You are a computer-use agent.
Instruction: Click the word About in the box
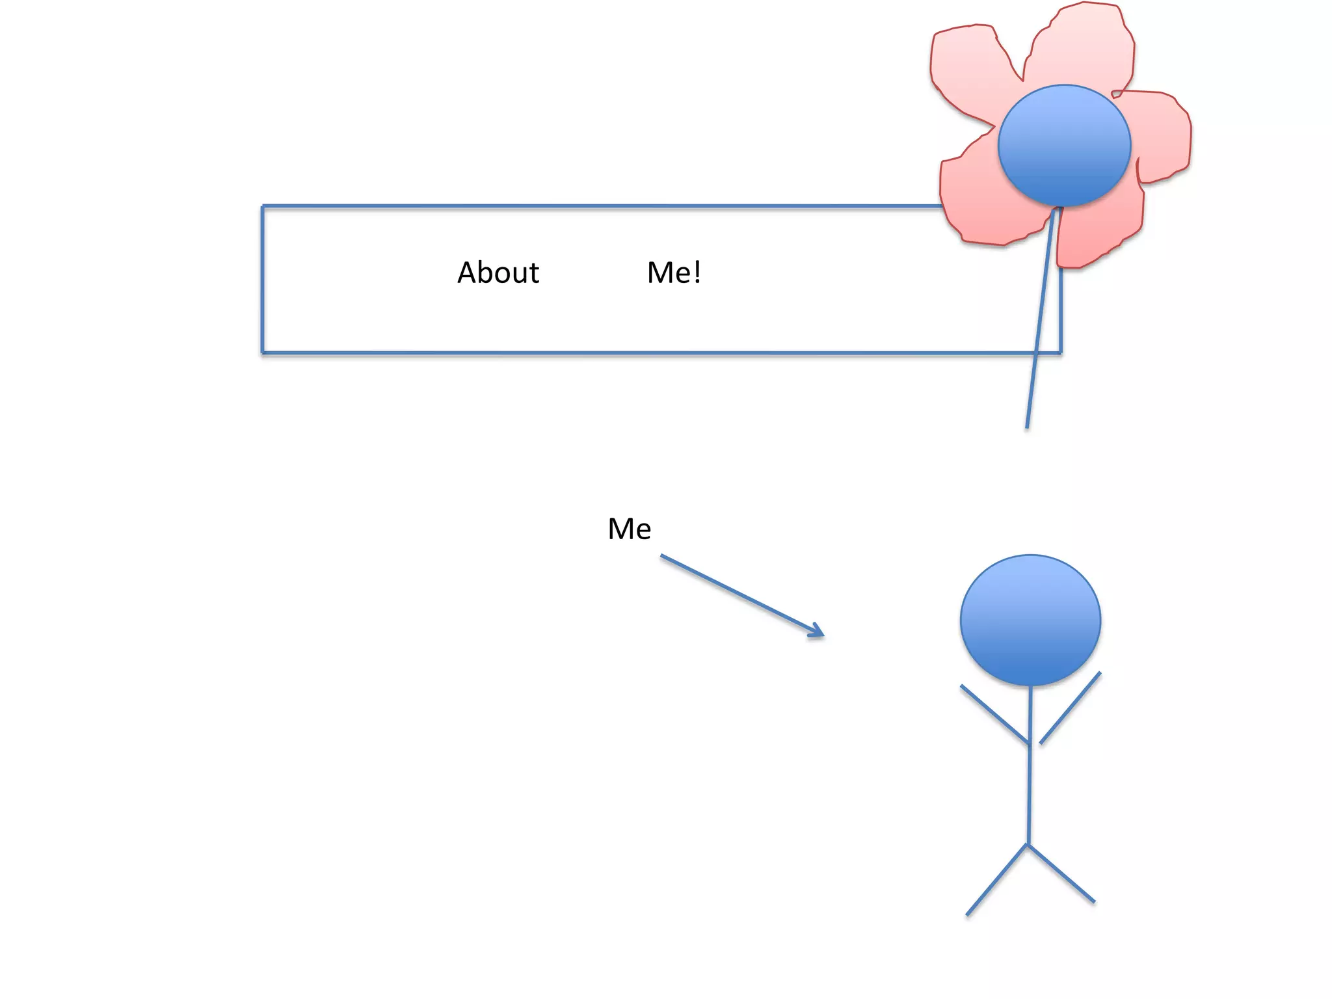click(498, 273)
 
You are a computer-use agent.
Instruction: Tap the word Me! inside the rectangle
click(674, 273)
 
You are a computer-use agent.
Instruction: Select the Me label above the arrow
click(629, 529)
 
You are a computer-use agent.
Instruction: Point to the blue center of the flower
click(1064, 145)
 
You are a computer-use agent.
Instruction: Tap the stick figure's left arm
click(994, 713)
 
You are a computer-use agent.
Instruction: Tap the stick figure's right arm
click(1071, 708)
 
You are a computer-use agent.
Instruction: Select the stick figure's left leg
click(996, 880)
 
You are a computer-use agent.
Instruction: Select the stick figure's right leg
click(1061, 873)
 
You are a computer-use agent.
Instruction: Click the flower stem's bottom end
click(1027, 426)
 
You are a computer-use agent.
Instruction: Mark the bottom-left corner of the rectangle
click(263, 353)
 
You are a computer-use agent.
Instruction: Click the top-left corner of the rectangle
click(263, 207)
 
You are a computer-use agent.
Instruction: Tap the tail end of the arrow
click(662, 556)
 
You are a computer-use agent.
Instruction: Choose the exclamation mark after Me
click(697, 273)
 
